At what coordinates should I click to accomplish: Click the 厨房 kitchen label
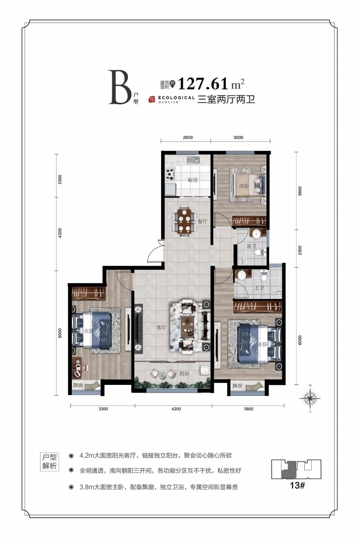click(x=193, y=180)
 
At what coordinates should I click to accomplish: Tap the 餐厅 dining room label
click(x=202, y=221)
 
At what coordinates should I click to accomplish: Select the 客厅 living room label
click(x=161, y=327)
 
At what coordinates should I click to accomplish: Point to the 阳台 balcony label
click(x=184, y=374)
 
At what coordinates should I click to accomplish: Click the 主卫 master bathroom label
click(x=259, y=287)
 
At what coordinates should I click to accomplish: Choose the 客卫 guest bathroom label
click(x=251, y=246)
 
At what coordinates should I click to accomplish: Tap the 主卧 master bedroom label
click(x=262, y=344)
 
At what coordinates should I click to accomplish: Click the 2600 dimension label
click(x=188, y=138)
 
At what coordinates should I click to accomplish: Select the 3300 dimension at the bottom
click(x=103, y=409)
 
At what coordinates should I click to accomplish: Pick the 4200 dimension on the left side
click(x=60, y=233)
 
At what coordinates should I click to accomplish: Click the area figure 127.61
click(x=203, y=83)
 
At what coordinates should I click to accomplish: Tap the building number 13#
click(x=297, y=485)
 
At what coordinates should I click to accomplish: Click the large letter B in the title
click(x=120, y=87)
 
